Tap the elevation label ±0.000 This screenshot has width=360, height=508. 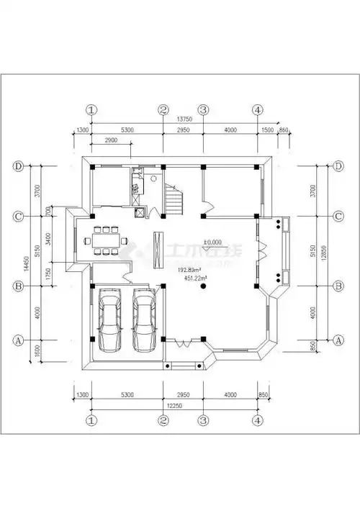click(212, 242)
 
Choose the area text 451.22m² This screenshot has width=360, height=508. click(196, 278)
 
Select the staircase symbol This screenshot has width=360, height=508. click(175, 199)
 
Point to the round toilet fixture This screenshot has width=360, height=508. click(153, 177)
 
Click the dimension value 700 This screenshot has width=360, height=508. click(49, 212)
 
